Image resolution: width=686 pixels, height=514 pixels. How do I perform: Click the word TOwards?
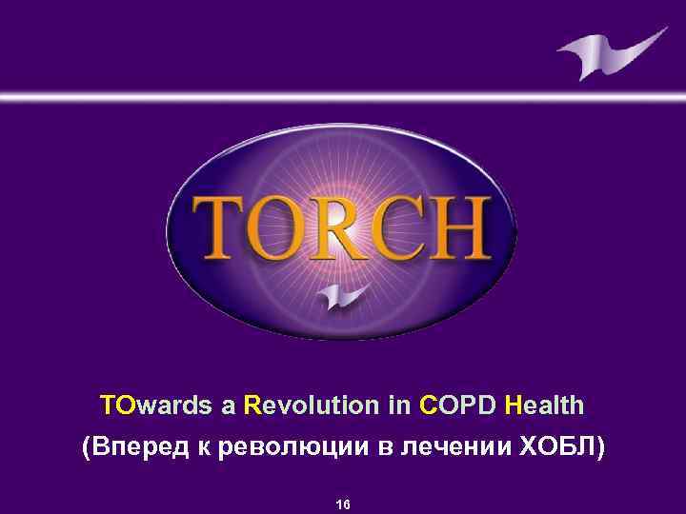pyautogui.click(x=155, y=406)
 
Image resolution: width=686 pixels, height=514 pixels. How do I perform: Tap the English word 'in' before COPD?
pyautogui.click(x=398, y=406)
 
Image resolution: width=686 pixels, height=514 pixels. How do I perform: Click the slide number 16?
pyautogui.click(x=343, y=504)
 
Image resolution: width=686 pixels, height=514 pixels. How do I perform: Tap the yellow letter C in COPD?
pyautogui.click(x=427, y=406)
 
